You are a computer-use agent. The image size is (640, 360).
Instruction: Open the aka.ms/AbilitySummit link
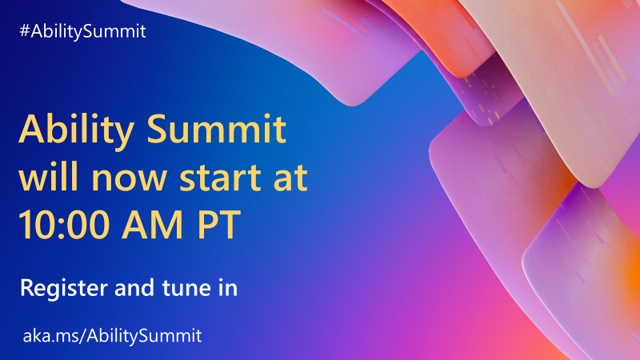point(110,334)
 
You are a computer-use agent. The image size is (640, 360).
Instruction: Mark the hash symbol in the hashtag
point(25,32)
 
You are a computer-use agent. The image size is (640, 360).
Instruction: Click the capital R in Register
point(26,287)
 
